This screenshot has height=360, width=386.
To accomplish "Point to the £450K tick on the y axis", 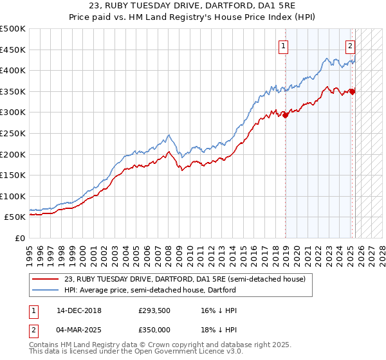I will tap(13, 50).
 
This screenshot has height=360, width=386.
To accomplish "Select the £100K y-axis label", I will tap(13, 196).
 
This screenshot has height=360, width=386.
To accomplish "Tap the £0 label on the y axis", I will tap(19, 238).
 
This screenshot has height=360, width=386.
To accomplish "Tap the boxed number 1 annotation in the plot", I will tap(284, 45).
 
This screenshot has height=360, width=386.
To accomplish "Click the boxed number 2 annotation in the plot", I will tap(350, 45).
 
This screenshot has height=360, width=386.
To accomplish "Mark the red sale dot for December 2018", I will tap(286, 116).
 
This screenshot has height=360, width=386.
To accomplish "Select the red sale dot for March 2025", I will tap(353, 92).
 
